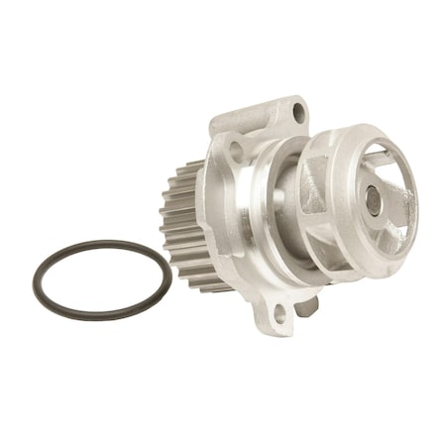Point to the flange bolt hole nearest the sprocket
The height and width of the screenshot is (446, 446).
(x=235, y=152)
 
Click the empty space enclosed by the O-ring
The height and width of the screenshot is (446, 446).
(x=99, y=279)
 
